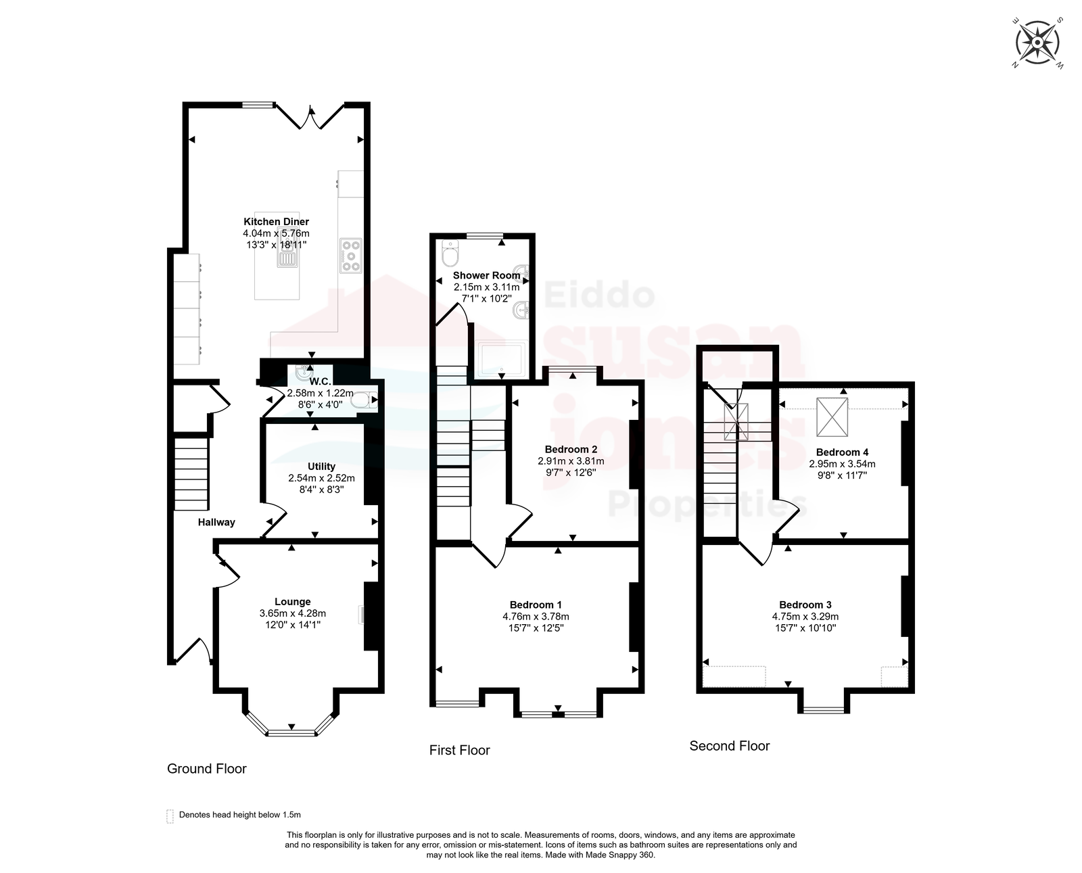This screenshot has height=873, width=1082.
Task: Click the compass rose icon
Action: coord(1038,43)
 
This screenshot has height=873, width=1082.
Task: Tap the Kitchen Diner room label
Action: coord(276,222)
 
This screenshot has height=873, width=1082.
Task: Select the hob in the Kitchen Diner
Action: coord(351,256)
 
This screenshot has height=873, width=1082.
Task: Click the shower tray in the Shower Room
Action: coord(501,360)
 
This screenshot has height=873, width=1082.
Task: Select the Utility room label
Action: coord(321,466)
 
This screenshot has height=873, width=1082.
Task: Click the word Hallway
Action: coord(216,522)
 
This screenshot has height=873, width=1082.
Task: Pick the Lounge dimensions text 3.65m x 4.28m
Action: coord(293,613)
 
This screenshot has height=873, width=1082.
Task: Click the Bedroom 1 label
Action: coord(536,605)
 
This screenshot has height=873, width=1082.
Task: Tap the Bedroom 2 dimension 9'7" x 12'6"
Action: coord(571,472)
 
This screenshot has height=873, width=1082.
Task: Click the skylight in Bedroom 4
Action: coord(832,417)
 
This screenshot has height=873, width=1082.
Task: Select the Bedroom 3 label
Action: coord(805,605)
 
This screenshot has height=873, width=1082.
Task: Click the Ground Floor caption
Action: coord(207,769)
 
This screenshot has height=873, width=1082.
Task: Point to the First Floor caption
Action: coord(460,751)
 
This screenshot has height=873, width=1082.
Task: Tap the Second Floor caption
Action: coord(730,746)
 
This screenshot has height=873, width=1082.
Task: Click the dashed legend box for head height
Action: coord(170,816)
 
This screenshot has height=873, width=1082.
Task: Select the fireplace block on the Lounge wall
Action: coord(371,616)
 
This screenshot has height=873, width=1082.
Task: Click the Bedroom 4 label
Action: coord(842,452)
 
